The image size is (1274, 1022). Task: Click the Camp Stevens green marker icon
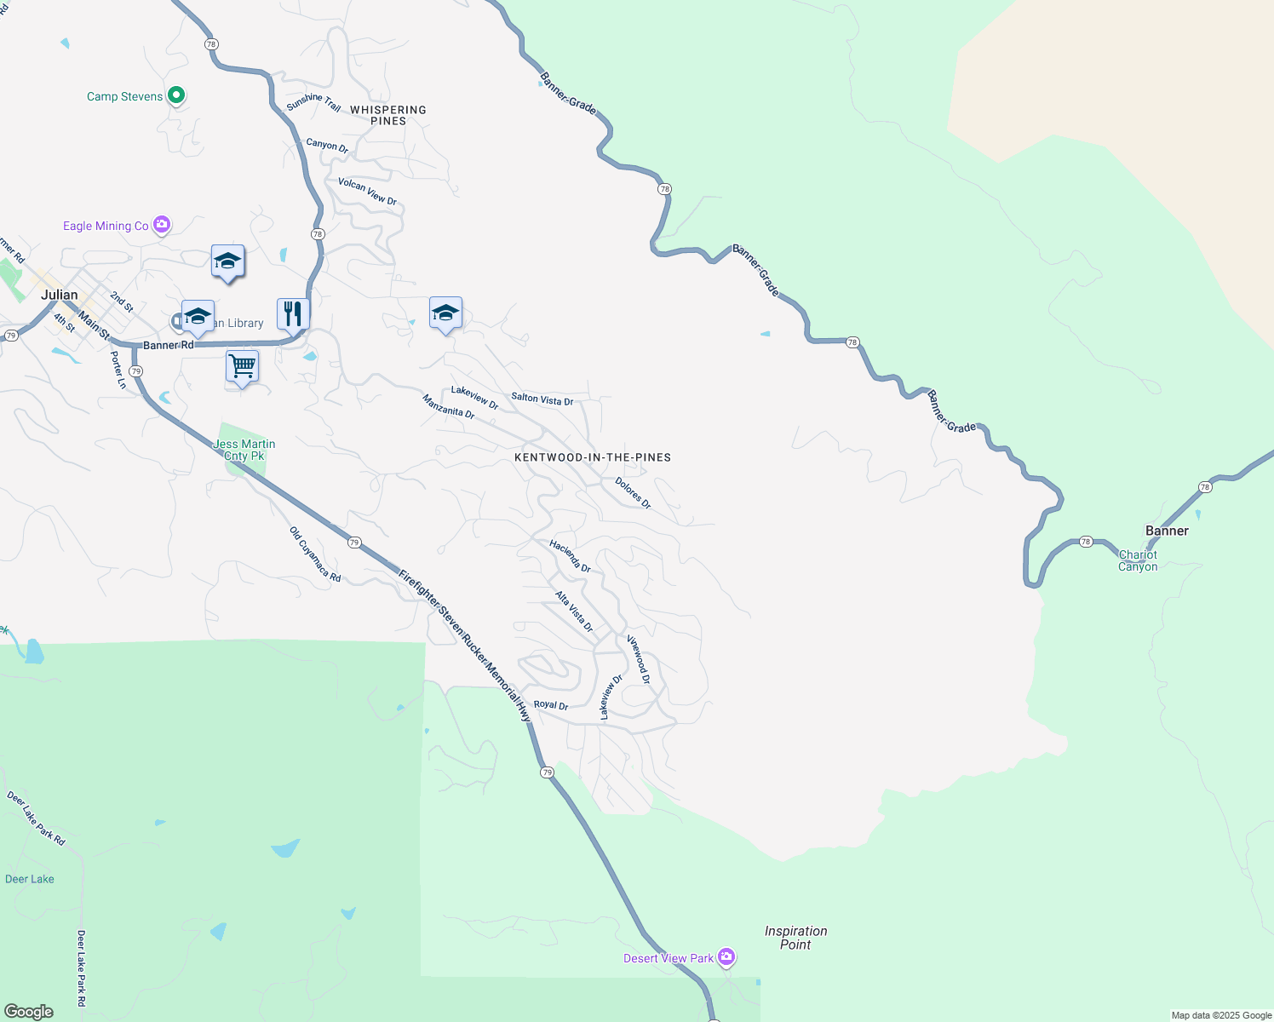[176, 95]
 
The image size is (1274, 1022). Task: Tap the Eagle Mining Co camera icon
[162, 225]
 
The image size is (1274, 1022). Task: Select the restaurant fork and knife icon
[293, 313]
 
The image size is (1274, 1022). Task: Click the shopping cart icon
[243, 367]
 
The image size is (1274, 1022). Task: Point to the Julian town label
[60, 295]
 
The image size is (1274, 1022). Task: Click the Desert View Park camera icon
[726, 957]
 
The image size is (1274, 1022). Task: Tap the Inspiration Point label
[795, 938]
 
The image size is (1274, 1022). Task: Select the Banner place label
[1167, 531]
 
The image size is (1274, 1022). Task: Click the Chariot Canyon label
[1138, 560]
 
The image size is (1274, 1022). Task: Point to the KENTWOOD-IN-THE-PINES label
[593, 457]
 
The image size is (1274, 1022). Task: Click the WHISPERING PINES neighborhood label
[388, 115]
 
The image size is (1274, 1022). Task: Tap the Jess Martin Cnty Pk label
[244, 450]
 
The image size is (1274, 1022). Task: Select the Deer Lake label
[30, 879]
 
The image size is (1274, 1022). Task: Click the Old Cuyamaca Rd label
[315, 554]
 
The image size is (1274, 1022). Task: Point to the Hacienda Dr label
[570, 556]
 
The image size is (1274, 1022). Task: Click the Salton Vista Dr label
[542, 399]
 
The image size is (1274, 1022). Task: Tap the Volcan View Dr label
[367, 192]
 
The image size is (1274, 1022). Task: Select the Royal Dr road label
[550, 705]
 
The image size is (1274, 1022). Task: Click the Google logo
[29, 1012]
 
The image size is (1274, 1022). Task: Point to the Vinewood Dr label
[639, 659]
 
